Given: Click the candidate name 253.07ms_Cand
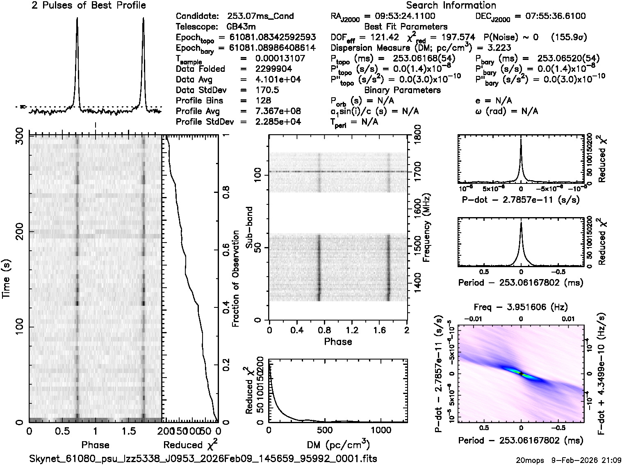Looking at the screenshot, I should (x=260, y=16).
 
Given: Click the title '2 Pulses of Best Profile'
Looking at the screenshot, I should (x=89, y=6).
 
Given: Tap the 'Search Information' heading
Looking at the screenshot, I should (x=451, y=6).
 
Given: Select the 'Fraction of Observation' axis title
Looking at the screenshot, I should (x=235, y=279).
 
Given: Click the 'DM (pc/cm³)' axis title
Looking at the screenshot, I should (x=338, y=444).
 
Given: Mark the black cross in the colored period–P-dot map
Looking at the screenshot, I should (x=521, y=373).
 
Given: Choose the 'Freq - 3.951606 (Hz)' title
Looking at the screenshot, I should (x=521, y=307).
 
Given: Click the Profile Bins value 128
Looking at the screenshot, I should (x=263, y=101).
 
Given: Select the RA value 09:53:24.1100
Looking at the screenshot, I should (x=399, y=16).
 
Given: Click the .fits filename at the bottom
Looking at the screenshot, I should (x=203, y=458).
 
